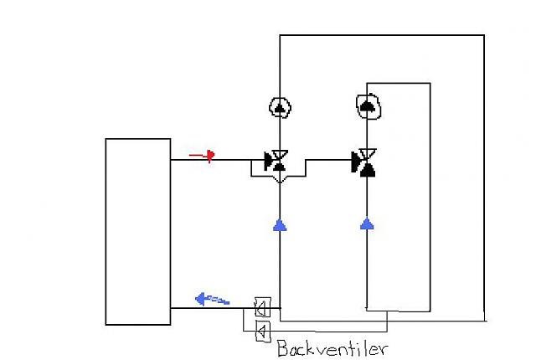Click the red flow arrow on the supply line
pos(202,156)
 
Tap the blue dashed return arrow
pos(212,299)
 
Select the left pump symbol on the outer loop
pos(280,108)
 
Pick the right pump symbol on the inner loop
pos(368,106)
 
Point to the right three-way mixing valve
pos(364,162)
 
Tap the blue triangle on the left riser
pos(280,225)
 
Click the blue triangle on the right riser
pos(367,224)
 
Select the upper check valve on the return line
pos(263,307)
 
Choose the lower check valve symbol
pos(263,331)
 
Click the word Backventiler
pos(332,348)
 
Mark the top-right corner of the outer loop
pos(484,35)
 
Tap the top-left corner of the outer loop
pos(280,35)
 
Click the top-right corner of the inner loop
pos(430,83)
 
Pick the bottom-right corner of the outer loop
pos(484,321)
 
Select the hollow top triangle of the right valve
pos(368,152)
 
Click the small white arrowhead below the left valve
pos(280,179)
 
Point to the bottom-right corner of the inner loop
pos(430,311)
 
